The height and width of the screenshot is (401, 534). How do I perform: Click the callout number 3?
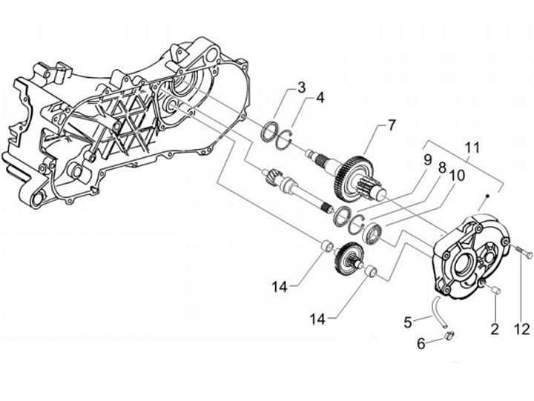(302, 88)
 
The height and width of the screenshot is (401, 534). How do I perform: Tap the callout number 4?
(320, 97)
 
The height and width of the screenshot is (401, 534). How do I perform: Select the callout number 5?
(407, 322)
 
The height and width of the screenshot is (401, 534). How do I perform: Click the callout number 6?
(421, 343)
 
